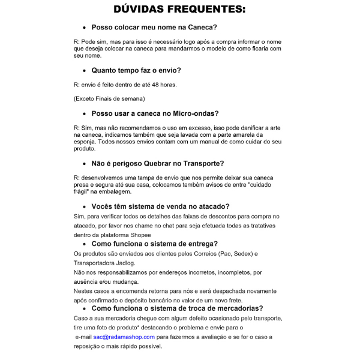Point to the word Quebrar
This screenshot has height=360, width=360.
(x=163, y=163)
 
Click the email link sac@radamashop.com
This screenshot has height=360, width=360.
(x=124, y=337)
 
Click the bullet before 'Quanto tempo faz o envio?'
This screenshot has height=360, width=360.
(x=83, y=71)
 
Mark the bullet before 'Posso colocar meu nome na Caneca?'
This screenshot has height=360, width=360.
(x=83, y=28)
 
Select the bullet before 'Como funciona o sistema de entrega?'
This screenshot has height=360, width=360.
(x=83, y=244)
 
